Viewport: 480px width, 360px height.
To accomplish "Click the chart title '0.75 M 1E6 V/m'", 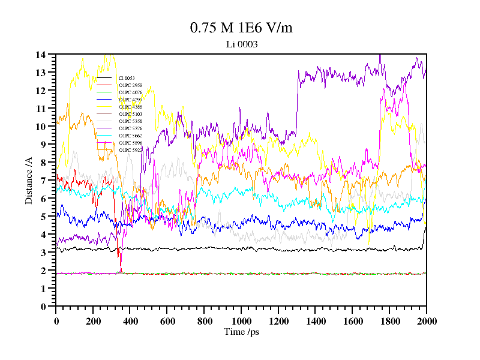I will pos(241,28).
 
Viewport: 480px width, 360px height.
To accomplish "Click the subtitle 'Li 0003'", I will pos(242,44).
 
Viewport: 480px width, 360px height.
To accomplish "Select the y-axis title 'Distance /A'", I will pos(28,181).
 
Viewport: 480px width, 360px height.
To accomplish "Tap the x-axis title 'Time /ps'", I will pos(241,331).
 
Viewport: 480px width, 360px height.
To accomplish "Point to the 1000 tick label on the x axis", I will pos(241,321).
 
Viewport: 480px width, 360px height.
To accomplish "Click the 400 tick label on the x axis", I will pos(130,321).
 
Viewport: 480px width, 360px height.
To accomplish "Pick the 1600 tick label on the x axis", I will pos(352,321).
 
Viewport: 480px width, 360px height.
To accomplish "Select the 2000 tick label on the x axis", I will pos(426,321).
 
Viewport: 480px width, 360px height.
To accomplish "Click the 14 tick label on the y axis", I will pos(41,55).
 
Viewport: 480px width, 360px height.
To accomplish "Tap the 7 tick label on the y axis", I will pos(43,181).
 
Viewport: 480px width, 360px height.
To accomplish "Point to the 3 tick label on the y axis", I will pos(43,253).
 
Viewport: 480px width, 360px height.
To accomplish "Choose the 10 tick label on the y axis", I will pos(41,127).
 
